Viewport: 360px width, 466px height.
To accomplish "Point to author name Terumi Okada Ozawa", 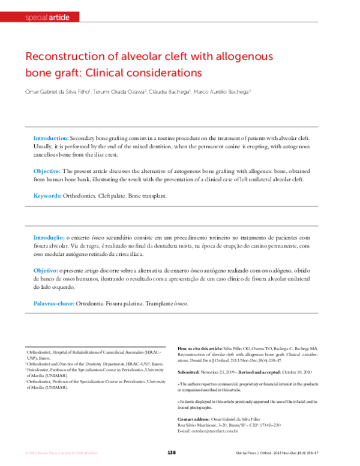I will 119,92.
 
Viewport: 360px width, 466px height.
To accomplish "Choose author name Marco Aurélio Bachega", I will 223,92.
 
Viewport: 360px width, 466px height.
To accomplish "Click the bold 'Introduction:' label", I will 51,138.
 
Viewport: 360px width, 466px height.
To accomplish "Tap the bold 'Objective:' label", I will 47,171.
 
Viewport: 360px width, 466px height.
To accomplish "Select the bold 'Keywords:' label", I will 47,196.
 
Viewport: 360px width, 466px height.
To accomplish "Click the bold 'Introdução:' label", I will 49,238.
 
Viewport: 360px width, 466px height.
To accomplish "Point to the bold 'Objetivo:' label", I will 46,271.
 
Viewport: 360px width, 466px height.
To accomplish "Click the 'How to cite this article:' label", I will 200,348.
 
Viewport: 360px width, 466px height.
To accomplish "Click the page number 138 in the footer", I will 171,452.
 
